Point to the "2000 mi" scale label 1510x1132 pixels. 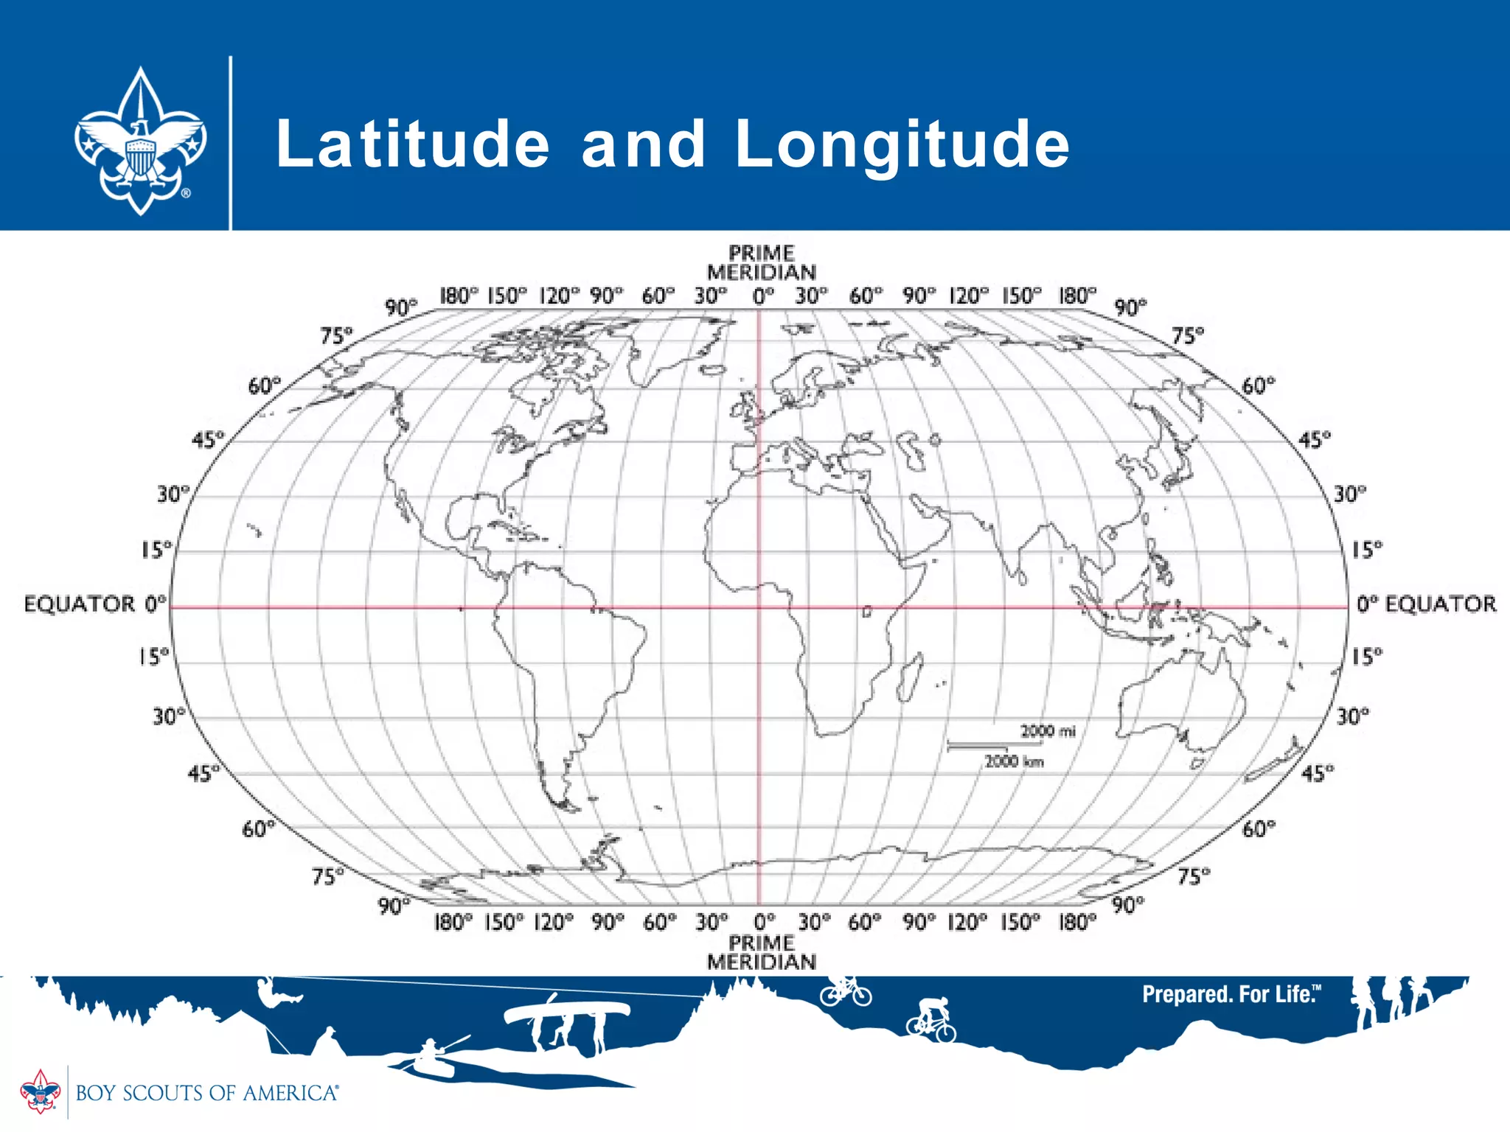pos(1048,731)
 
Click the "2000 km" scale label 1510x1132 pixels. pos(1015,761)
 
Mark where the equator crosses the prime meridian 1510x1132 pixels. pos(759,608)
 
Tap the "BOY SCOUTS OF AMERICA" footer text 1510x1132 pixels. pos(207,1092)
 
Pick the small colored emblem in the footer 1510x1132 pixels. pos(40,1091)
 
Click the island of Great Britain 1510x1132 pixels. pos(747,409)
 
